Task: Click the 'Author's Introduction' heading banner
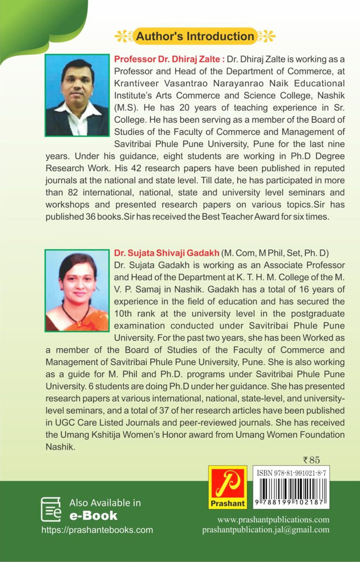pos(194,37)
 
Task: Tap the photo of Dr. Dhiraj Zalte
pos(77,95)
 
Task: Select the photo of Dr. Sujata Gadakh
pos(77,290)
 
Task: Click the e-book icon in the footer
pos(51,509)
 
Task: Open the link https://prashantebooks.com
pos(97,530)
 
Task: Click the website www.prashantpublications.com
pos(273,519)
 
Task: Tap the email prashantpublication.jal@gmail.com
pos(266,530)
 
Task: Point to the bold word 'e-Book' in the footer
pos(93,515)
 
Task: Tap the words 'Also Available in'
pos(105,503)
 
